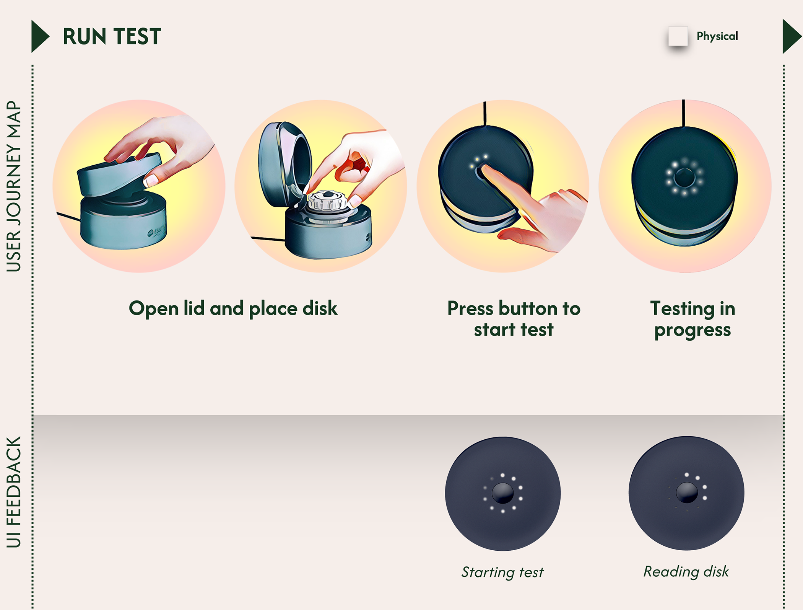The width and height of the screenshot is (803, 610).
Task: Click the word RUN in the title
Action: (x=84, y=37)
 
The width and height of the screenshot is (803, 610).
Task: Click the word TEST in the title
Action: (x=137, y=37)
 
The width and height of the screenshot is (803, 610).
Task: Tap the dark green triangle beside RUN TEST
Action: (x=39, y=36)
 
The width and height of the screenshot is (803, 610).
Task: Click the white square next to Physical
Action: (x=678, y=36)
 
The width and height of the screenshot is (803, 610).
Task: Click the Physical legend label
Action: (x=717, y=36)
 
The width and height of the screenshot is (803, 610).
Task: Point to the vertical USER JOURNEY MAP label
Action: (x=14, y=186)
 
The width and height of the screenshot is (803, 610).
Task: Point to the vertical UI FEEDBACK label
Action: (x=14, y=492)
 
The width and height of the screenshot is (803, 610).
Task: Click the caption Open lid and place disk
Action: (x=233, y=308)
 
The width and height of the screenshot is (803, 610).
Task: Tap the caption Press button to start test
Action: (x=514, y=319)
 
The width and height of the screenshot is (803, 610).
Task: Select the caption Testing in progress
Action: (x=692, y=319)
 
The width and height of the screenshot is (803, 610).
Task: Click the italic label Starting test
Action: (x=502, y=572)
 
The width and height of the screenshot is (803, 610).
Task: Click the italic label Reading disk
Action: (x=686, y=571)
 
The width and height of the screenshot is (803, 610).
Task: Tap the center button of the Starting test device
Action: (x=502, y=493)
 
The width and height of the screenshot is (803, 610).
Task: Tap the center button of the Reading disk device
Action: (x=687, y=492)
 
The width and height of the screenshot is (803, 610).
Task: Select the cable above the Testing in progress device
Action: (x=684, y=113)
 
